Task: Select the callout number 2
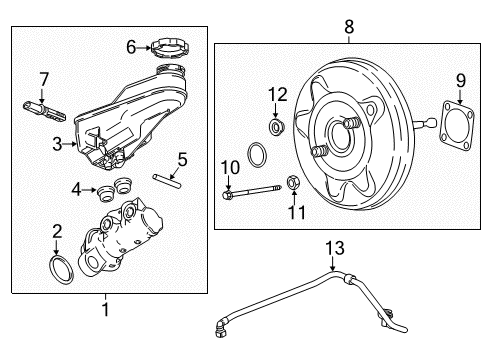click(57, 230)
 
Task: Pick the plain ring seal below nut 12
click(258, 156)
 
